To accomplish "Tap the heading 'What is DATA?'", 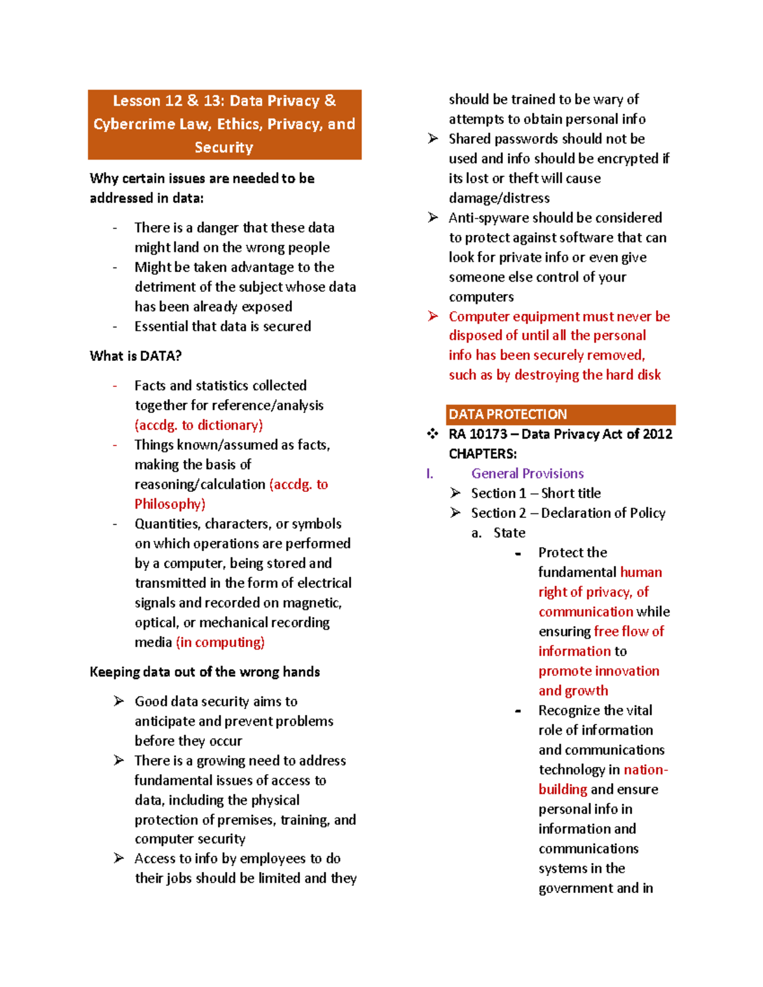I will tap(135, 356).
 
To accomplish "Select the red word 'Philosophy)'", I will tap(170, 504).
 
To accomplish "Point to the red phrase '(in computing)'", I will tap(220, 642).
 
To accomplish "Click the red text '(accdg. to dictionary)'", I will tap(198, 425).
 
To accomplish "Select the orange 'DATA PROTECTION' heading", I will tap(507, 414).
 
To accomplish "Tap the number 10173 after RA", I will tap(488, 434).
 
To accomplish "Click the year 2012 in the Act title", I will tap(657, 434).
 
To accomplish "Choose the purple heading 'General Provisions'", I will tap(527, 473).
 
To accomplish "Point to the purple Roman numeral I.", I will tap(430, 473).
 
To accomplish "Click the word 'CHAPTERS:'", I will tap(483, 454).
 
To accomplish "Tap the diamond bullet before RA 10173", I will tap(432, 434).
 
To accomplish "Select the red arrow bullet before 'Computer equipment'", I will tap(433, 316).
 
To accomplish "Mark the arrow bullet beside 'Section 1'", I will tap(455, 493).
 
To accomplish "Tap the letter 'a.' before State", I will tap(476, 533).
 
